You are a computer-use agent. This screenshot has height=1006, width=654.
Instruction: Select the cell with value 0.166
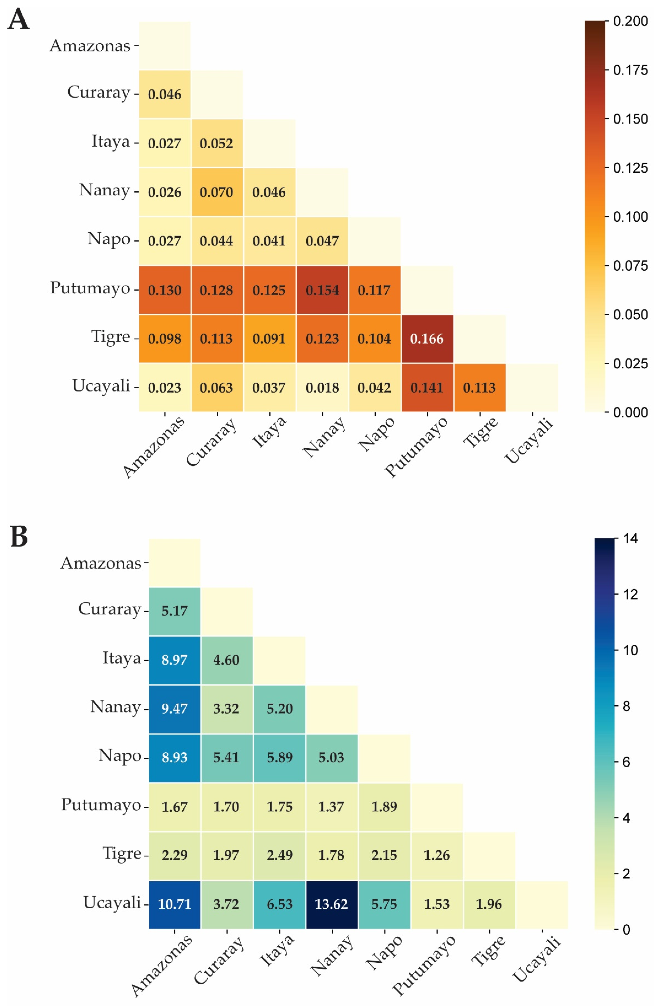[x=427, y=339]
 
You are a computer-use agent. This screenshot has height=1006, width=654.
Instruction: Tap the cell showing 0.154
[x=322, y=290]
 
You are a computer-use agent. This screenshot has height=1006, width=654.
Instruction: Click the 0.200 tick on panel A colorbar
[x=630, y=21]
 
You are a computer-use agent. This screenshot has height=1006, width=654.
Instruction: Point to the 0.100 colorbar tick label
[x=630, y=217]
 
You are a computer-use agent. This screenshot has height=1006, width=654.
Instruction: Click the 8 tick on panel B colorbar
[x=627, y=706]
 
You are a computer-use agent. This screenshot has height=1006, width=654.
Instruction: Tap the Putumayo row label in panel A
[x=90, y=288]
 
